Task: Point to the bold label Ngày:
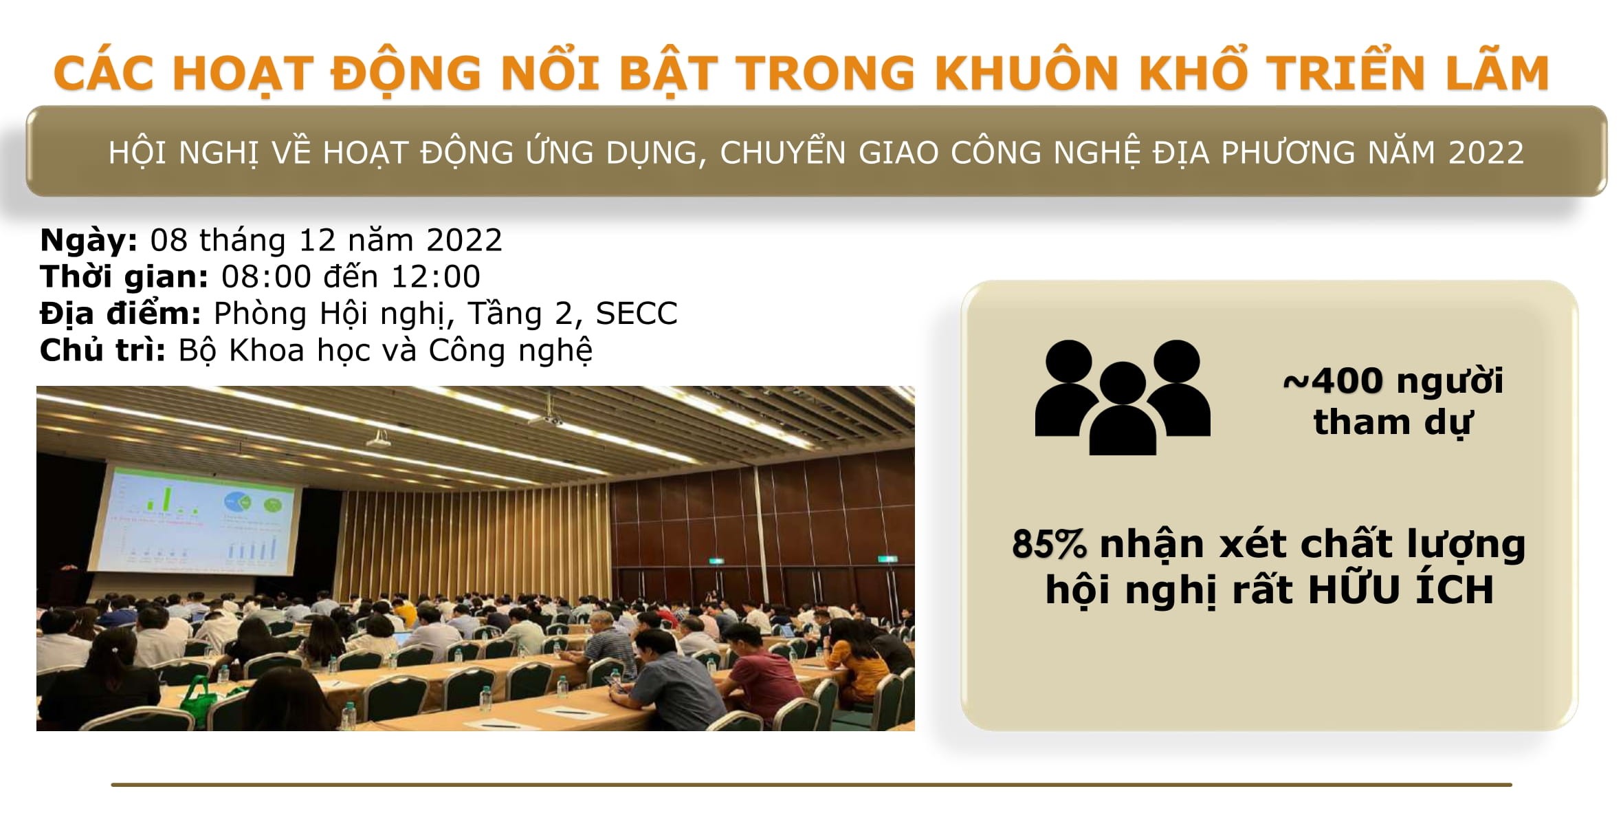89,241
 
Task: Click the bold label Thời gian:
124,277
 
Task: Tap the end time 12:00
436,277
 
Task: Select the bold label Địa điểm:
120,313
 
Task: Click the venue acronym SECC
637,314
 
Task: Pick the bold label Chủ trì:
102,350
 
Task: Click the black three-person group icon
1123,397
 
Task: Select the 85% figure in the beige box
1050,544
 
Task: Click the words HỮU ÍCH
1401,590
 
